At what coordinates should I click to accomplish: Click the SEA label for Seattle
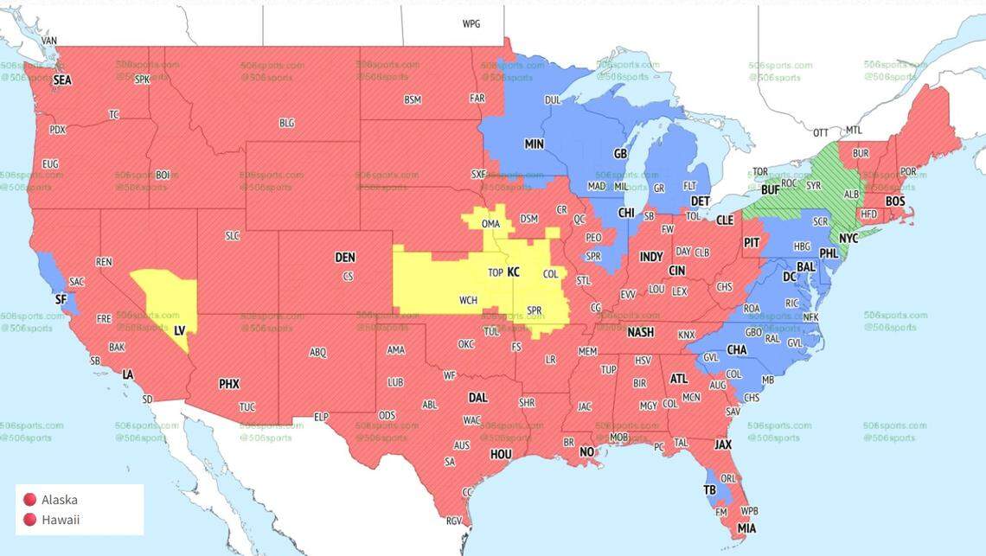coord(62,80)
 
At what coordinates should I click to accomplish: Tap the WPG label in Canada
coord(471,24)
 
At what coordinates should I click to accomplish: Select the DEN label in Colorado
coord(345,258)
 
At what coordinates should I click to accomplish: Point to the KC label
coord(513,272)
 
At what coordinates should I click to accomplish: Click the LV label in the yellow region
coord(180,330)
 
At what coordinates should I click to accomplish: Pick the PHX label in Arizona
coord(229,384)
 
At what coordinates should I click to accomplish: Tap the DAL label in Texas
coord(477,399)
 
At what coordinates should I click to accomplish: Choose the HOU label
coord(501,455)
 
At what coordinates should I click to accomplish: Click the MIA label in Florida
coord(746,527)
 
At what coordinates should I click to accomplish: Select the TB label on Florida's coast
coord(710,489)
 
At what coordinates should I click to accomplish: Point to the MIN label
coord(534,144)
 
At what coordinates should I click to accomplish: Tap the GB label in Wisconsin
coord(619,154)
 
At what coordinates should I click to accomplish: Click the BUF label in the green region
coord(770,190)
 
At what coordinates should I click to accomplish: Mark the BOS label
coord(895,201)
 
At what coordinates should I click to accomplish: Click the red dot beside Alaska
coord(29,500)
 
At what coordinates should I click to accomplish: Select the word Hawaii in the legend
coord(61,520)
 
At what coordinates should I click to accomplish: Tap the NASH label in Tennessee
coord(640,333)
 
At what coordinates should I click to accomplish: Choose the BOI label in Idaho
coord(163,174)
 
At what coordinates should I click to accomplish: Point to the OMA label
coord(490,225)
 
